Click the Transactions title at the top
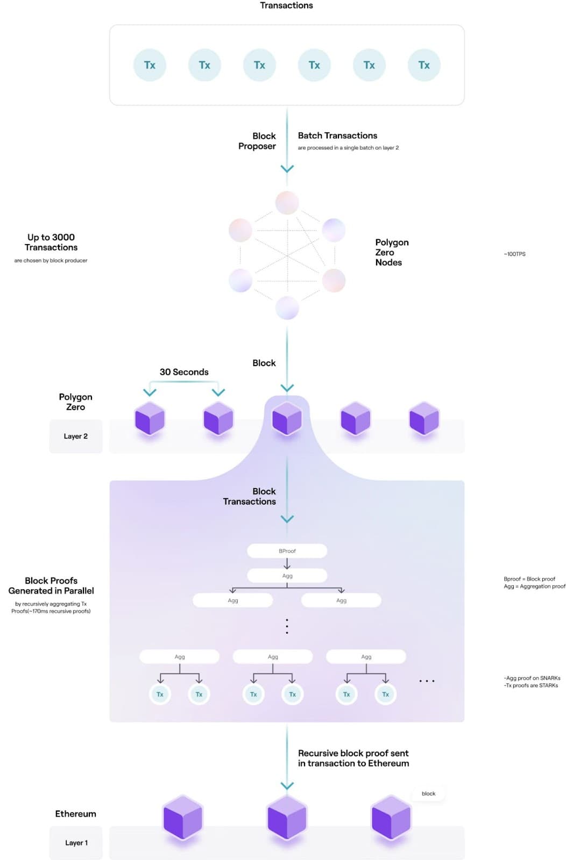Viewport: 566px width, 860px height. pos(286,5)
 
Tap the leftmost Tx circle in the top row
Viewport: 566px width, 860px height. pos(150,65)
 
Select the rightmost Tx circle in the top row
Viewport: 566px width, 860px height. pos(424,65)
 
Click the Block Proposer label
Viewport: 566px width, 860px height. pos(258,141)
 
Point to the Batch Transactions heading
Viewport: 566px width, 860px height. pos(337,135)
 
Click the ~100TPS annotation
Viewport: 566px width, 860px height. pos(514,254)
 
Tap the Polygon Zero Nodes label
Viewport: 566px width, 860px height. pos(391,252)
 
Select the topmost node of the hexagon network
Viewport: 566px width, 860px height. pos(287,203)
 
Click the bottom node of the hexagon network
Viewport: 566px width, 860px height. pos(287,308)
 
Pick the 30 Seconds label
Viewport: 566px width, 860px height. pos(184,372)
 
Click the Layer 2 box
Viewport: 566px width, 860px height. pos(76,436)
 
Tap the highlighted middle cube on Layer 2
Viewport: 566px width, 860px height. pos(287,419)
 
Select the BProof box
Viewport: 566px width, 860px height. pos(287,551)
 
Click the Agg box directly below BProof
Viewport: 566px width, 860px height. pos(287,576)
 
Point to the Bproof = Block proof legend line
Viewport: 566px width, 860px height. pos(529,579)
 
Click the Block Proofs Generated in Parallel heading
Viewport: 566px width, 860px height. pos(51,585)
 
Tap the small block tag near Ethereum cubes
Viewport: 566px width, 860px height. pos(428,793)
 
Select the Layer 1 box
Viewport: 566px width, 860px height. pos(76,843)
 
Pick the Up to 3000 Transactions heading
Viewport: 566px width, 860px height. pos(51,242)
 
